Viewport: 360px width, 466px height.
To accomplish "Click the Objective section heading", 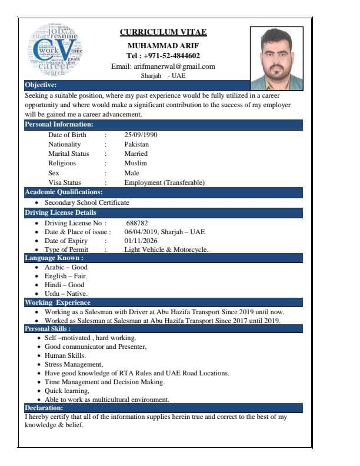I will (x=41, y=85).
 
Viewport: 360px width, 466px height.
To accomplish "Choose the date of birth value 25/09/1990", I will (x=141, y=135).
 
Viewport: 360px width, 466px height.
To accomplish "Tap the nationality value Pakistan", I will (x=136, y=144).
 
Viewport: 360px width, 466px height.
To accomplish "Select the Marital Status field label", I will (x=69, y=154).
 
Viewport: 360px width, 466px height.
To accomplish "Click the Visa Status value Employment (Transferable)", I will (x=164, y=182).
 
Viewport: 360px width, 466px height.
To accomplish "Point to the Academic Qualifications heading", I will (x=64, y=192).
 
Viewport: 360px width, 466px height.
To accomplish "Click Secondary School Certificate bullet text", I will (x=86, y=202).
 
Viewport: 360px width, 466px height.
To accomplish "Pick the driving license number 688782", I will (x=137, y=223).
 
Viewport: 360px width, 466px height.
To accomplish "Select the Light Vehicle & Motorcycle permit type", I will (x=166, y=249).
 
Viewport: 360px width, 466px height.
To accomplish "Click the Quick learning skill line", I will (x=67, y=391).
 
